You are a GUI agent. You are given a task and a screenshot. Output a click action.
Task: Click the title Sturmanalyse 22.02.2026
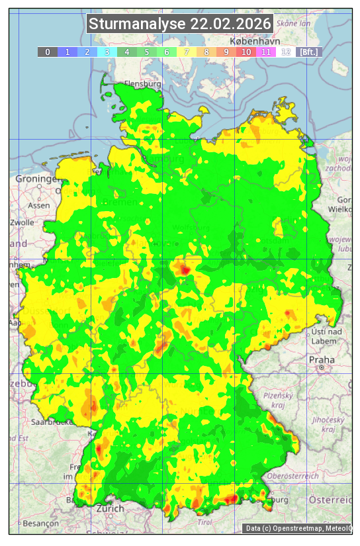[180, 24]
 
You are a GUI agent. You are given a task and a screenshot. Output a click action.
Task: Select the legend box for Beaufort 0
[48, 52]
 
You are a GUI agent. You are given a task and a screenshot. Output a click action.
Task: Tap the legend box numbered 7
[187, 52]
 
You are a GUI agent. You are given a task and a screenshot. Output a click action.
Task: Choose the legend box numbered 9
[226, 52]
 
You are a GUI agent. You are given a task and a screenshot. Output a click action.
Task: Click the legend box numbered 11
[266, 52]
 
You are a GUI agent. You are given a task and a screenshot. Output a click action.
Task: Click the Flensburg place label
[143, 85]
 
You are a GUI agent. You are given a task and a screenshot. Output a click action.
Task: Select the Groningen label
[36, 179]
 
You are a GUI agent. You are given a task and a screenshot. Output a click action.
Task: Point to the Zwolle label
[22, 222]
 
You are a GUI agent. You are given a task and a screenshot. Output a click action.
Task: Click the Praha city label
[321, 359]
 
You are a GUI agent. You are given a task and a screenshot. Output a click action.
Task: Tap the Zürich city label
[109, 508]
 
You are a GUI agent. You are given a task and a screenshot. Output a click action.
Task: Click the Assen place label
[39, 205]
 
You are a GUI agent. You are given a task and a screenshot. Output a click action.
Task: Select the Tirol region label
[205, 522]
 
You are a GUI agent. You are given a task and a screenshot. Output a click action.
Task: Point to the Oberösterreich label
[294, 476]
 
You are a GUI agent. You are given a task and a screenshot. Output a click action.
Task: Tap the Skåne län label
[293, 23]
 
